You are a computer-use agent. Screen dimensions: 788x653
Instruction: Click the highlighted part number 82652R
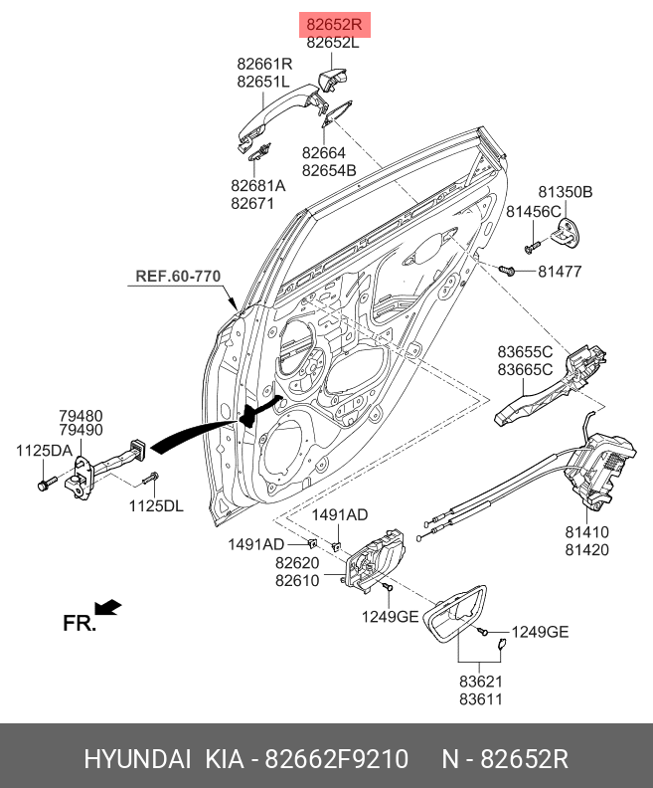coord(335,24)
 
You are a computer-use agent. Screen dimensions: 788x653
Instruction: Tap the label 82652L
coord(333,43)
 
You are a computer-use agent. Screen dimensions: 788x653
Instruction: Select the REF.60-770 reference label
coord(178,276)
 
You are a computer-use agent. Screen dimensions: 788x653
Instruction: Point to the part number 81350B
coord(566,191)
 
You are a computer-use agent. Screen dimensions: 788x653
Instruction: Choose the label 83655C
coord(525,350)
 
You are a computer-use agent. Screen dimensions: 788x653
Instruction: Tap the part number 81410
coord(586,532)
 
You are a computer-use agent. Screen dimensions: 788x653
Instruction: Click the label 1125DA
coord(44,451)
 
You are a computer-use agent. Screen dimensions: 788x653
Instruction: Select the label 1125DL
coord(156,506)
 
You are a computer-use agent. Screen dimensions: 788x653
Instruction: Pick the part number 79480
coord(80,415)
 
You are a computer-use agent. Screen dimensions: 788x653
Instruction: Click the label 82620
coord(297,563)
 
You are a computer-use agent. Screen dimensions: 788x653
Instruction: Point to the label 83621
coord(481,682)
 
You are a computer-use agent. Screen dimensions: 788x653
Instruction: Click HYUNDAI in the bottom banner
coord(137,760)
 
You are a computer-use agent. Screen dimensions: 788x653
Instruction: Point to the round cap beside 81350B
coord(566,232)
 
